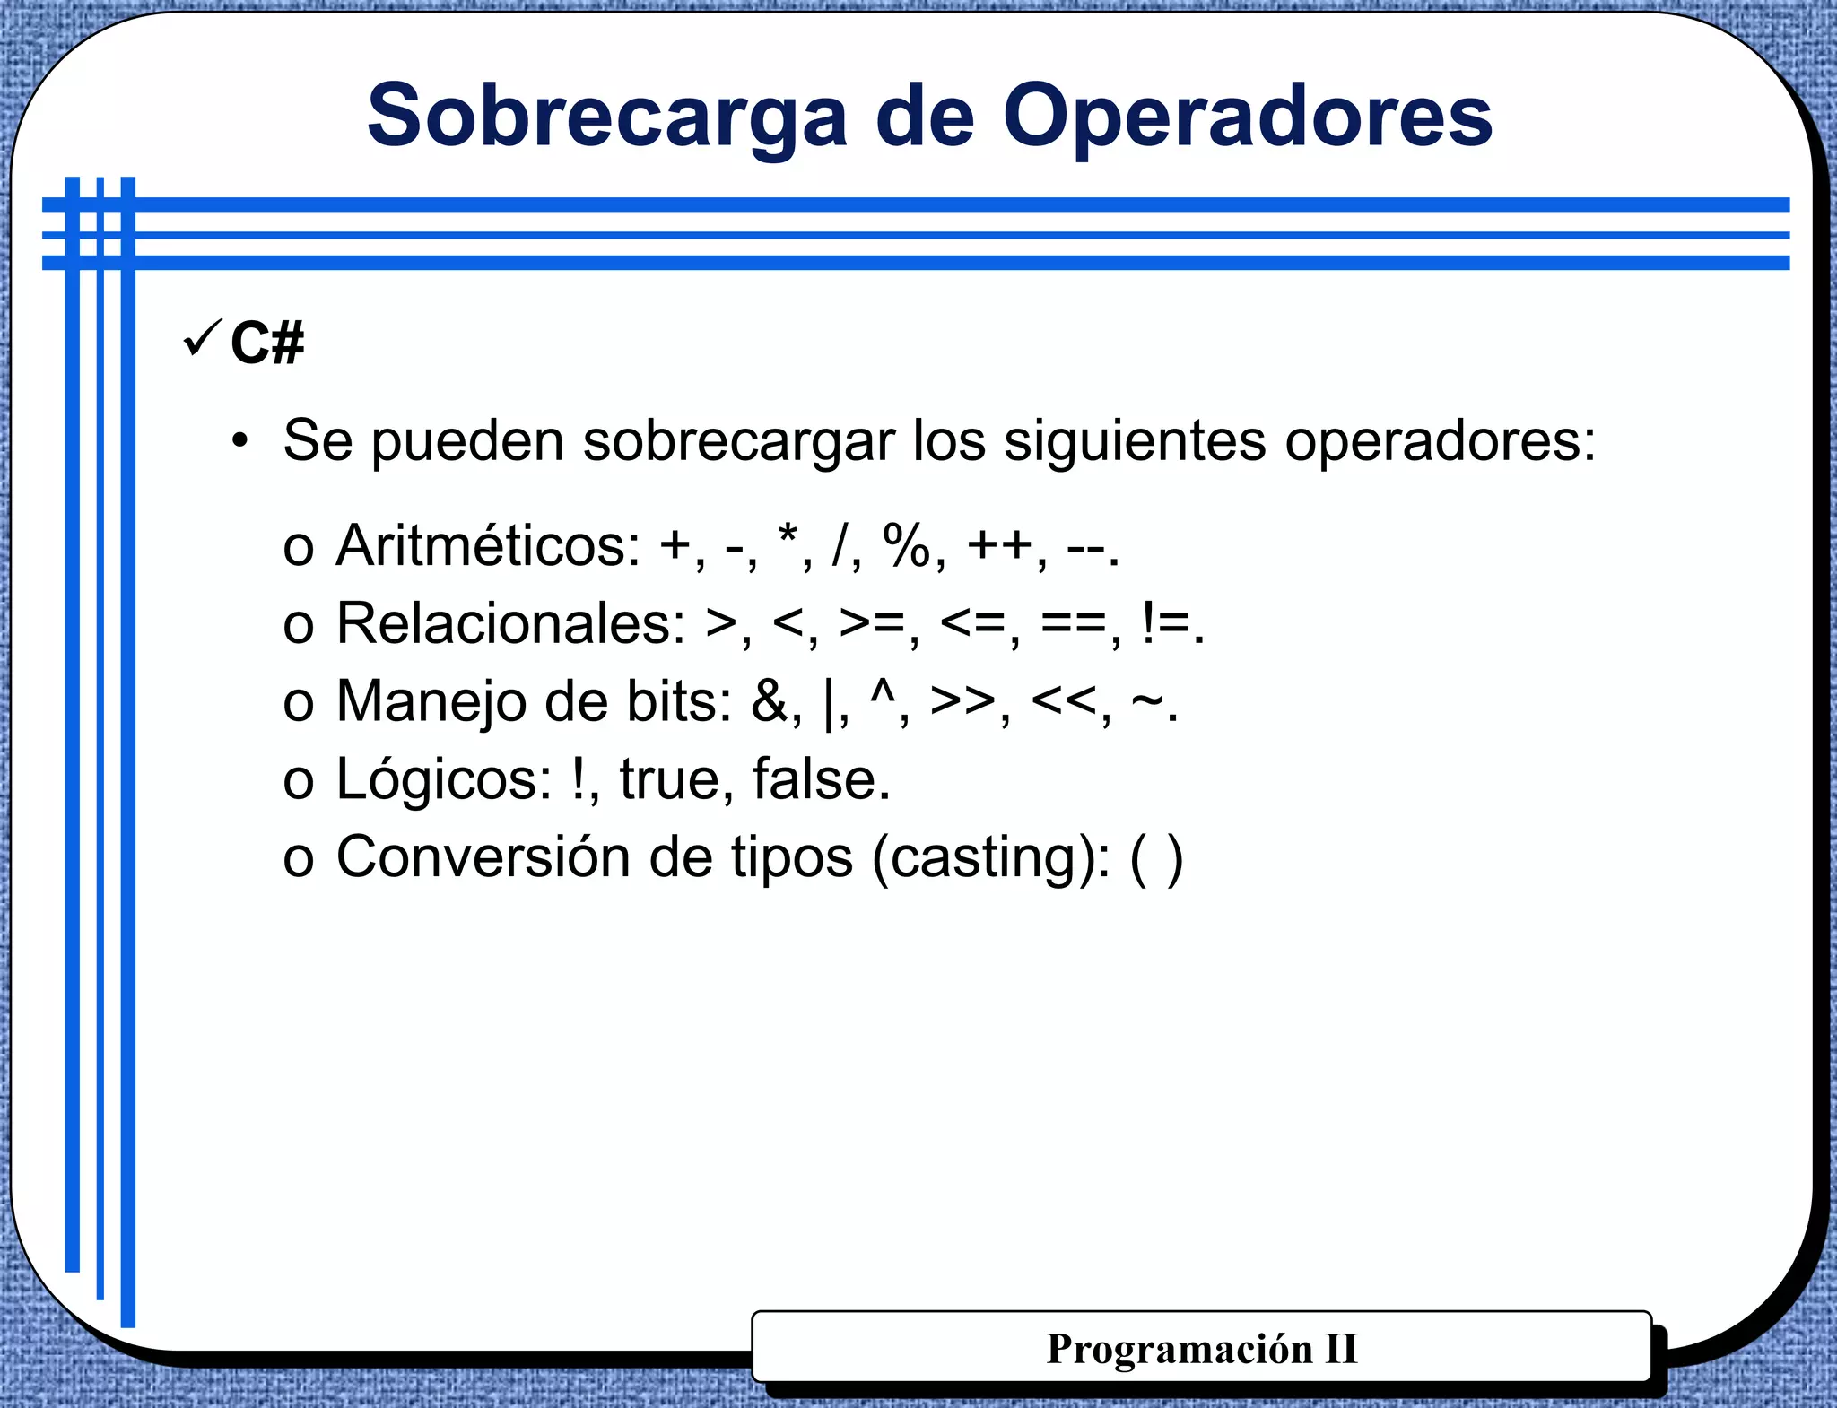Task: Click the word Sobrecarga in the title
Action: [x=606, y=117]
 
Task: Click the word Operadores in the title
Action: [x=1247, y=117]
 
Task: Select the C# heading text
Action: [x=266, y=343]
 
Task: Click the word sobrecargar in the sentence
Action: [x=739, y=441]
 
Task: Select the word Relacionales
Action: [x=510, y=623]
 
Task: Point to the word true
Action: [x=670, y=779]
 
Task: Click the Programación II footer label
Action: [x=1201, y=1349]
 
